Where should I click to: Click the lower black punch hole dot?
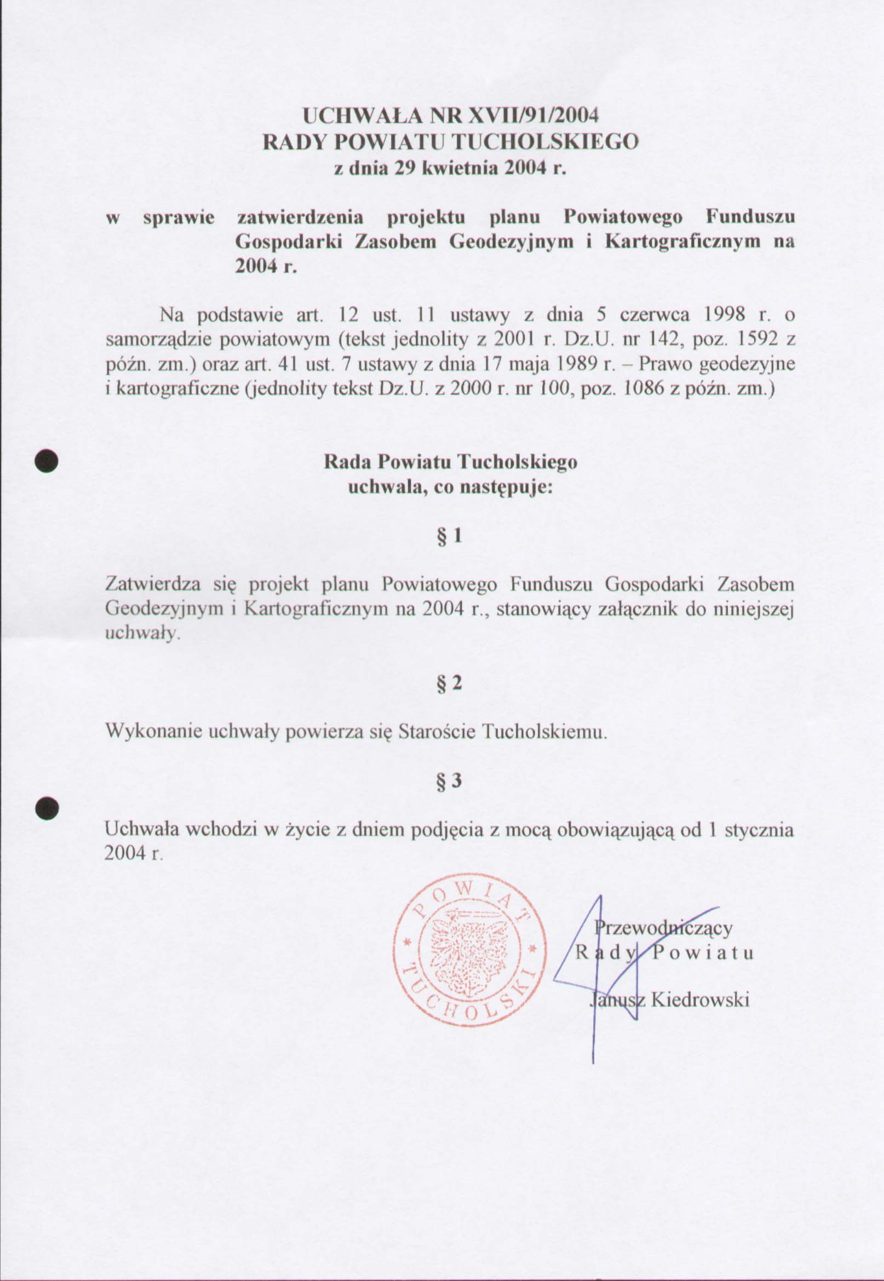(x=47, y=808)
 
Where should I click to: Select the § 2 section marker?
(x=449, y=683)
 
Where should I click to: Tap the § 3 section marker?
(x=449, y=781)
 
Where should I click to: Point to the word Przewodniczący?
(x=664, y=927)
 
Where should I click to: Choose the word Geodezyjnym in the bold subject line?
(x=511, y=242)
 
